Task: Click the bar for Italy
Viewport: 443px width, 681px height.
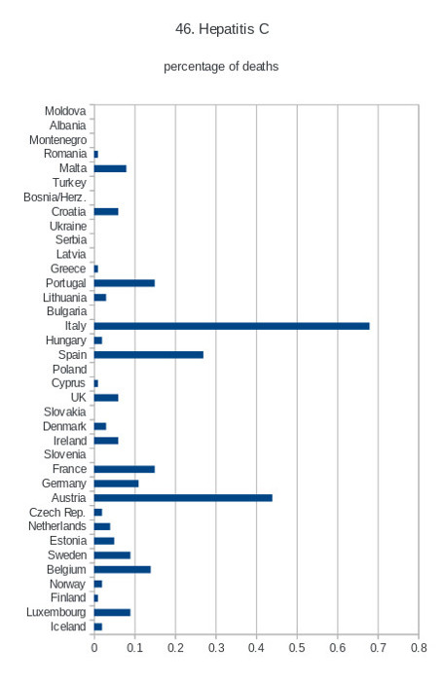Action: click(232, 326)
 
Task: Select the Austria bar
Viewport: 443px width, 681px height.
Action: click(183, 498)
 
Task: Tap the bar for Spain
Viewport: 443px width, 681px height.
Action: click(149, 355)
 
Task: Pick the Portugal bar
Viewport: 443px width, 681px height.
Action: click(125, 283)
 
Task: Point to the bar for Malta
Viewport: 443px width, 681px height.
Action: click(110, 168)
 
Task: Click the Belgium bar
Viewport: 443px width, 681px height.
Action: click(123, 569)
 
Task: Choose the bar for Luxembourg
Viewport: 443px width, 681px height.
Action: click(112, 612)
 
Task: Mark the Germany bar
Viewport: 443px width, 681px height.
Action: click(117, 484)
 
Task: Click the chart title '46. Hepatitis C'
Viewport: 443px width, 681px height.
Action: click(222, 29)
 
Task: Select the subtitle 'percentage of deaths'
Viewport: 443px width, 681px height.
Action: click(221, 67)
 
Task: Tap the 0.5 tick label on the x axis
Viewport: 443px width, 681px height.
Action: click(297, 648)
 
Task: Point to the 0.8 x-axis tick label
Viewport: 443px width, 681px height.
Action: click(419, 648)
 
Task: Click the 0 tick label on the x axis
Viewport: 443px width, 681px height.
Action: click(94, 648)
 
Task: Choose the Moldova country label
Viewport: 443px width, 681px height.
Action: click(65, 111)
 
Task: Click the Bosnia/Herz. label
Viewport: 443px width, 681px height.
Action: click(55, 197)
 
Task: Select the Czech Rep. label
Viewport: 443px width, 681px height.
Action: click(57, 513)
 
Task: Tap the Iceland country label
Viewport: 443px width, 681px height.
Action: click(68, 627)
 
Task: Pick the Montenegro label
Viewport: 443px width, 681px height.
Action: click(57, 140)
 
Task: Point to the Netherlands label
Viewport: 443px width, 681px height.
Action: click(57, 526)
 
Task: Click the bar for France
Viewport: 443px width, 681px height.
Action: click(125, 469)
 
